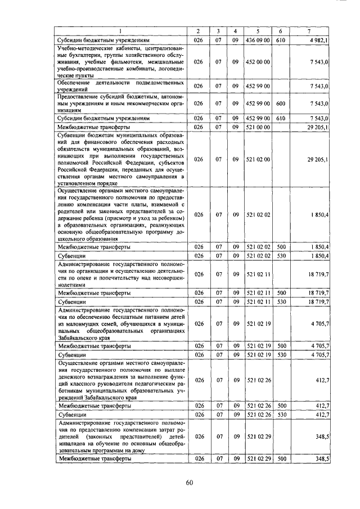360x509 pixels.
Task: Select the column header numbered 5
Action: click(258, 30)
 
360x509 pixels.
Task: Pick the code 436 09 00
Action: click(259, 40)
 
